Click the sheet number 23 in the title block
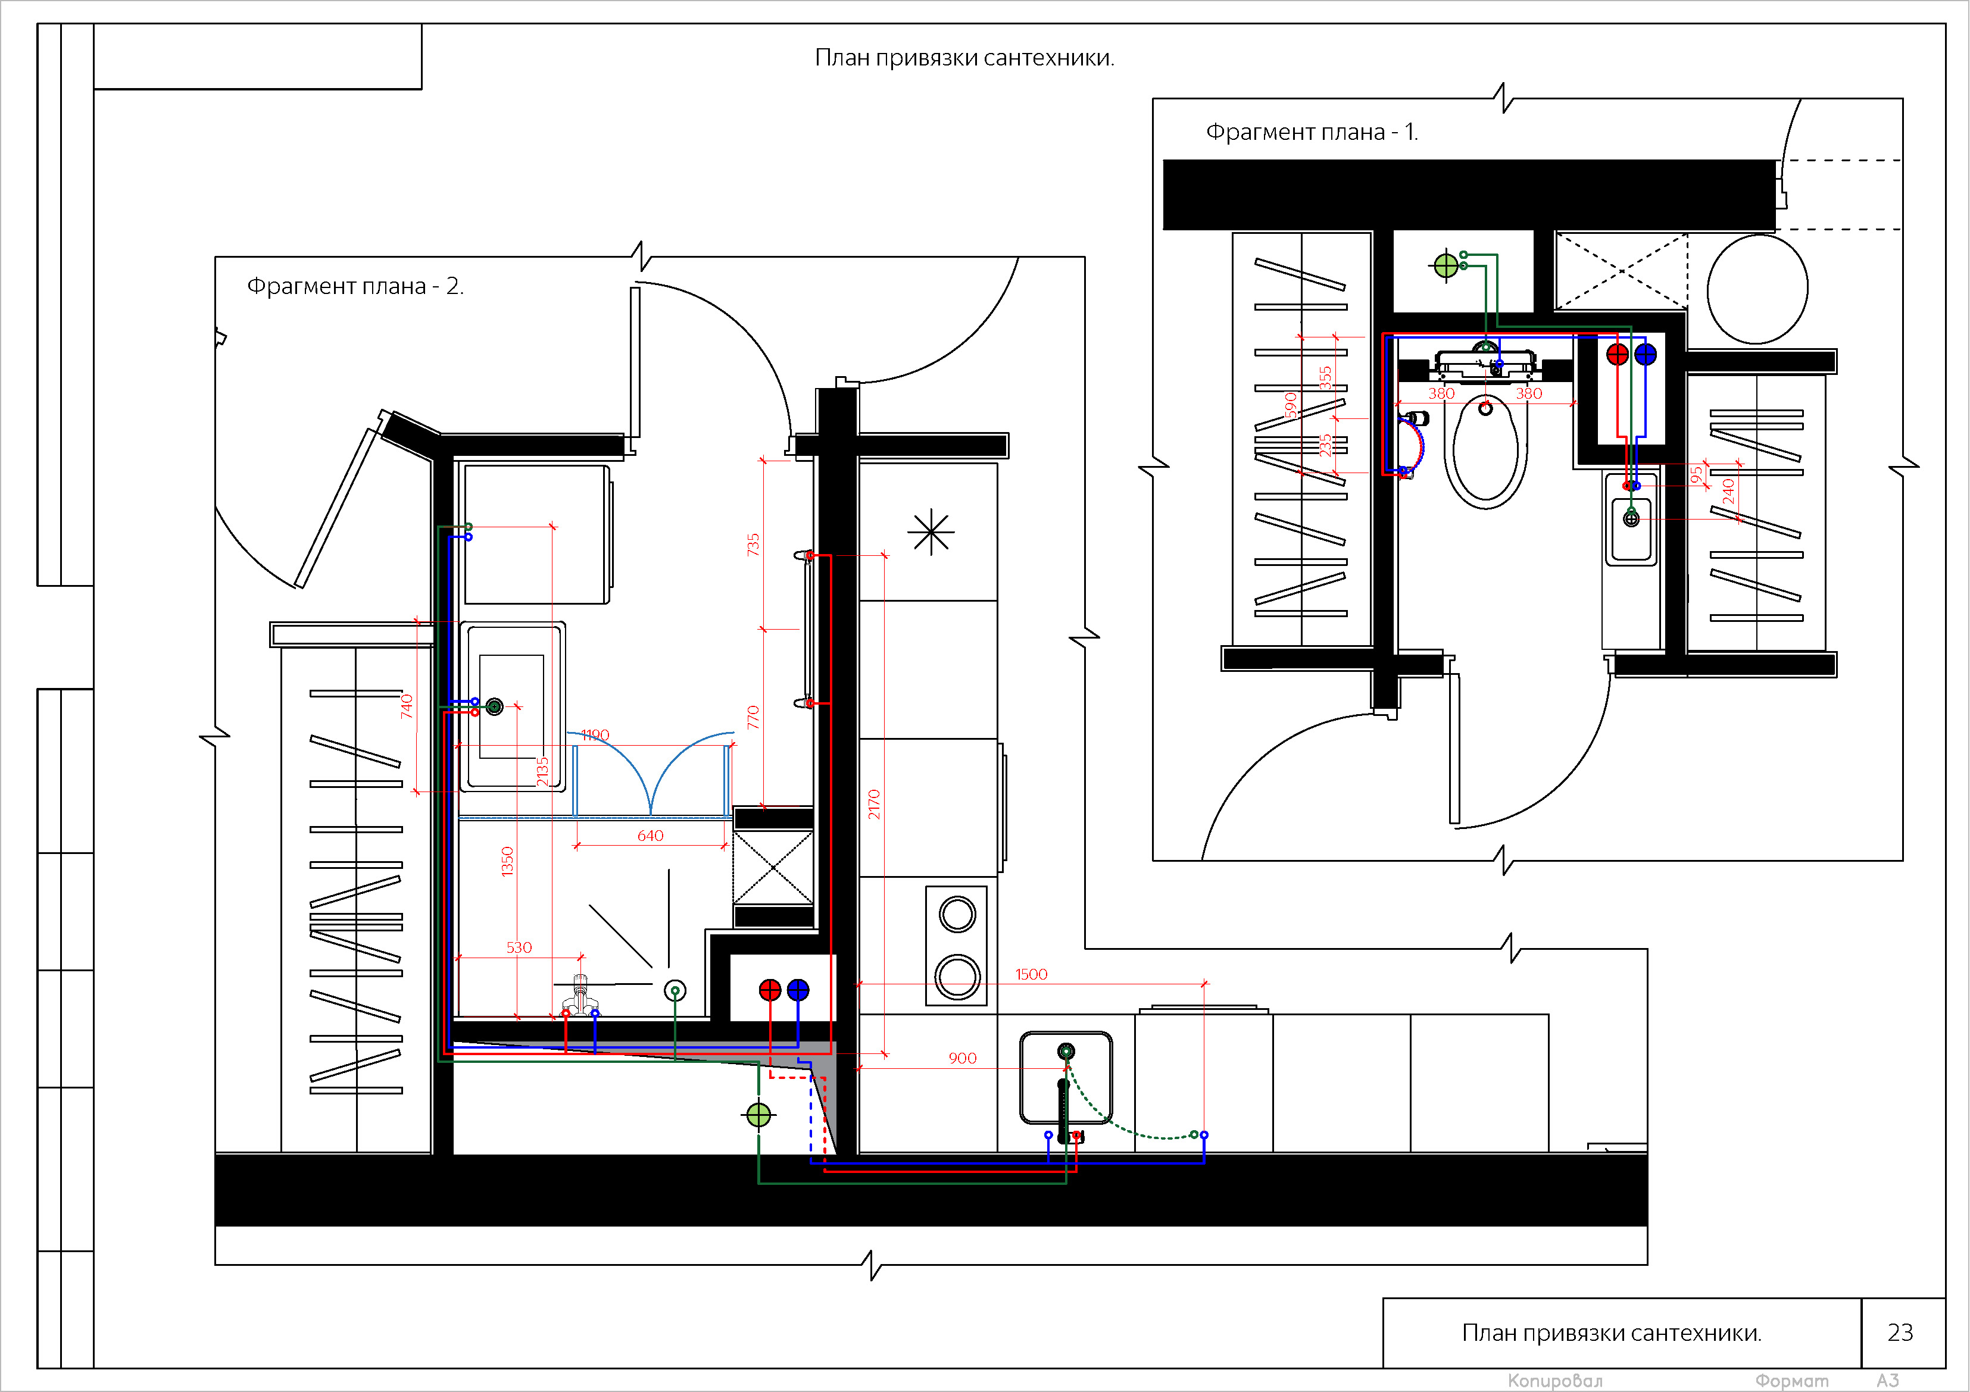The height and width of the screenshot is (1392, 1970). point(1900,1332)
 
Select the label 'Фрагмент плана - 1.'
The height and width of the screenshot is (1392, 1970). point(1312,132)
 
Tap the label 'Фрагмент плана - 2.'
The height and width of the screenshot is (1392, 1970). point(355,286)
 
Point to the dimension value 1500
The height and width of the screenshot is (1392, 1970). point(1031,974)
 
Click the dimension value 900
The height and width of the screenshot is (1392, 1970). point(962,1058)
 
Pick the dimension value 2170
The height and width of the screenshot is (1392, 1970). point(873,805)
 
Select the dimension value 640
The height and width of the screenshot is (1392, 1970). point(650,836)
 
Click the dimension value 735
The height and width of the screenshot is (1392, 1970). point(753,545)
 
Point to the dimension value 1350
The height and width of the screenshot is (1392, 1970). point(507,861)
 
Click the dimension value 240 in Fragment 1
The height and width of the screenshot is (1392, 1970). point(1728,492)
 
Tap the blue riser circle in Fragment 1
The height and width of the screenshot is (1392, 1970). point(1645,354)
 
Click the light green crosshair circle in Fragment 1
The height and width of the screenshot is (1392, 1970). point(1446,266)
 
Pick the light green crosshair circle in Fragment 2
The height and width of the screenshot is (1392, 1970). point(758,1115)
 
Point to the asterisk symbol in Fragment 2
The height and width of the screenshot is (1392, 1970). point(931,533)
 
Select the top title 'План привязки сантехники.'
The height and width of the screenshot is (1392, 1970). point(964,58)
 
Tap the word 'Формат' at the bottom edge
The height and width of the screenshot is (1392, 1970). point(1791,1381)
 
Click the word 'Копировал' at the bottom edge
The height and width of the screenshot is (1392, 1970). point(1554,1381)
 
